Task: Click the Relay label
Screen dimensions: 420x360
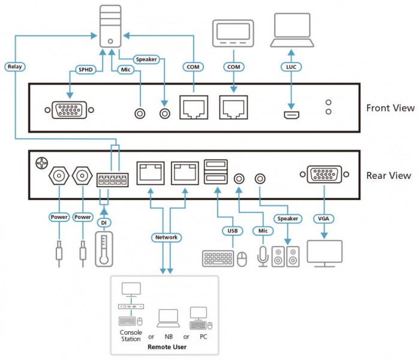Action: (15, 67)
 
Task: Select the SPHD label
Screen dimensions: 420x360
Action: (85, 70)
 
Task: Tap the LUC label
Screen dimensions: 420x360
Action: (291, 67)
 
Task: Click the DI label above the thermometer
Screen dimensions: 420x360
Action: (104, 223)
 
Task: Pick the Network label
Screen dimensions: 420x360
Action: (166, 238)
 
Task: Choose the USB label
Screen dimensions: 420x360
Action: (233, 230)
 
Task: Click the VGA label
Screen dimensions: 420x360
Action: (323, 218)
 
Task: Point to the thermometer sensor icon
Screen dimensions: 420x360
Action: (104, 249)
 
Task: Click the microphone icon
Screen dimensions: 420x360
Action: (263, 256)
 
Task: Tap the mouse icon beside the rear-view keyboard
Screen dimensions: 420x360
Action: (242, 259)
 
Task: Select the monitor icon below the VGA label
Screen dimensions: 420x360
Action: (325, 253)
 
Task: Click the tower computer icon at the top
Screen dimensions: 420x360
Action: (110, 26)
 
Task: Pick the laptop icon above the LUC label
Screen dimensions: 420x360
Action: (292, 30)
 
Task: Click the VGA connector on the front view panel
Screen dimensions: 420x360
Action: (69, 110)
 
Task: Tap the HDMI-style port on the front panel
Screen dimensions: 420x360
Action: (292, 115)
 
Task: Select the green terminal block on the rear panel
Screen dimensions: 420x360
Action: (113, 180)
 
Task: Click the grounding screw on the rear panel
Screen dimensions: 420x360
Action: (42, 163)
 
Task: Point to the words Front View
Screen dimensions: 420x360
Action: (390, 108)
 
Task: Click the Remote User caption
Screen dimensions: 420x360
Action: (167, 347)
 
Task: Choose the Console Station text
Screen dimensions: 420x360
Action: (131, 335)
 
